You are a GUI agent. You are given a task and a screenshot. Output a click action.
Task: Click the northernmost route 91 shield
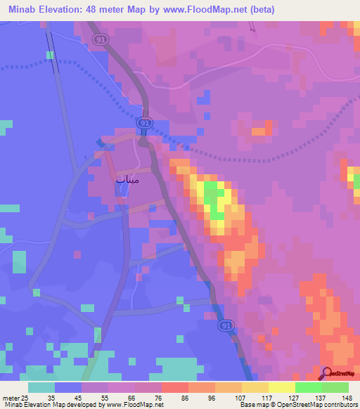(102, 40)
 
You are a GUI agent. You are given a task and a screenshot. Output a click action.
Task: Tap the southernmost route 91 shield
(225, 326)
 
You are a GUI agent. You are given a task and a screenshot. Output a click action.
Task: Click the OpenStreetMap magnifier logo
(328, 374)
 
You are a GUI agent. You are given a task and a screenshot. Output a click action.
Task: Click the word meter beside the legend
(9, 396)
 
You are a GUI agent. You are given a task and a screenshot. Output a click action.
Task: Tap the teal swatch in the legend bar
(41, 387)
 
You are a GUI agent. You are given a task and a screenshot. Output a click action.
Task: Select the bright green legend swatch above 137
(309, 387)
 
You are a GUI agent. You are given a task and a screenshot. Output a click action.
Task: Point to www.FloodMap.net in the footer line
(138, 405)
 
